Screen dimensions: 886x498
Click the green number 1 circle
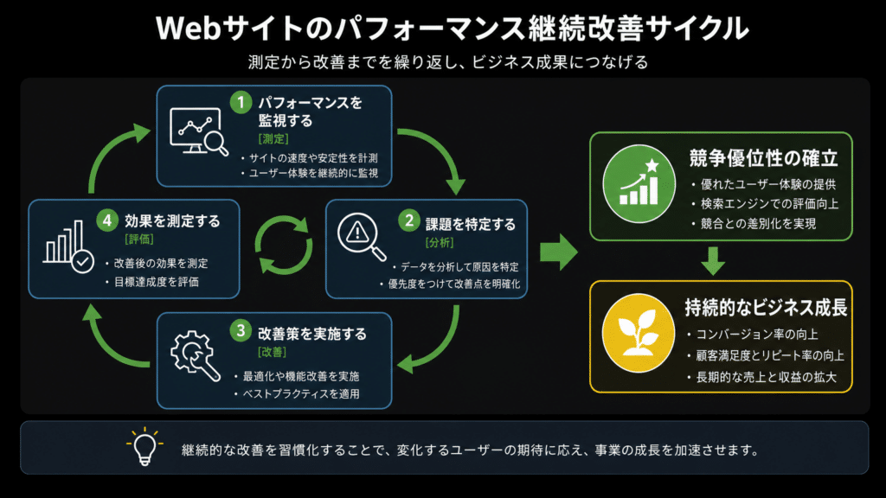click(x=241, y=103)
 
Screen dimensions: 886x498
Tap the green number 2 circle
click(x=408, y=220)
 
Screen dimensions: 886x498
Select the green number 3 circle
click(x=241, y=330)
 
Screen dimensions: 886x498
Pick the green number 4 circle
click(x=106, y=220)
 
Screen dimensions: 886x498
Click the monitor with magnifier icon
click(x=199, y=131)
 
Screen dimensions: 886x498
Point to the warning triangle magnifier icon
click(x=362, y=237)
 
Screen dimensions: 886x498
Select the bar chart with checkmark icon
click(x=68, y=247)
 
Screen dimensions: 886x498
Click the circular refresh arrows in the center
click(x=283, y=246)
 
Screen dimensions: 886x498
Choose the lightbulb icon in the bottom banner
click(x=144, y=447)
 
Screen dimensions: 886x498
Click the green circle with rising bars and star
click(x=639, y=184)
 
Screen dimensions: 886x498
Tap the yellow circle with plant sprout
click(x=639, y=333)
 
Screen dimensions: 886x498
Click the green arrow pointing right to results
click(x=559, y=252)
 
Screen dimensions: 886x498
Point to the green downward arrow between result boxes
click(x=713, y=261)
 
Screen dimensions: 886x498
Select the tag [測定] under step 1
click(x=273, y=139)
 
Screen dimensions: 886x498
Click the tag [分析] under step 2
click(x=439, y=243)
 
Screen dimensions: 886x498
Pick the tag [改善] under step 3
click(x=272, y=353)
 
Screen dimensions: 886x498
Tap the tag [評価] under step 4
click(x=139, y=239)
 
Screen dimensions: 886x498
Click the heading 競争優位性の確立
click(x=763, y=159)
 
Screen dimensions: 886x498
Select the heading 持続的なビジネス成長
click(x=766, y=308)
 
